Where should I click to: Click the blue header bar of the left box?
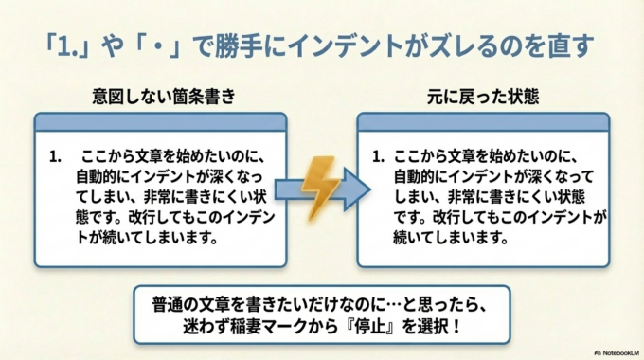point(159,121)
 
